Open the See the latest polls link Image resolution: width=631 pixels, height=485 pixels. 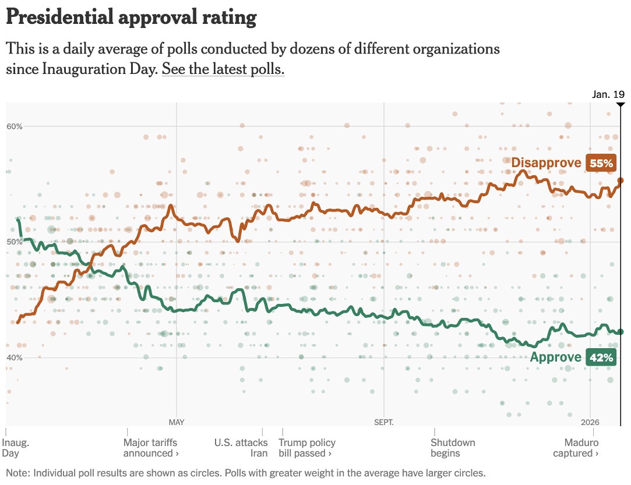click(x=223, y=69)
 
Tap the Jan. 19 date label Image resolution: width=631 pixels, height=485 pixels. click(x=608, y=94)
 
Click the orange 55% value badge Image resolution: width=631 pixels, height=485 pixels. click(x=601, y=163)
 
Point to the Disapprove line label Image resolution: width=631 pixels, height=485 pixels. click(x=546, y=163)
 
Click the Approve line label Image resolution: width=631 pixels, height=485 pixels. click(x=555, y=357)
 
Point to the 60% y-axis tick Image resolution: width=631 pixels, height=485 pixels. click(x=15, y=126)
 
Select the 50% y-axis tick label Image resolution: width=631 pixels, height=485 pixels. click(x=15, y=242)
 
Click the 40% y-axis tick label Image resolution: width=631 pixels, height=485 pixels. click(x=15, y=357)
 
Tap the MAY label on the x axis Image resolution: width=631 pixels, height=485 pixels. click(x=177, y=422)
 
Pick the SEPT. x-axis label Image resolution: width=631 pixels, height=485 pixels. click(x=384, y=422)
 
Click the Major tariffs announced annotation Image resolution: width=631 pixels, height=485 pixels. click(x=150, y=448)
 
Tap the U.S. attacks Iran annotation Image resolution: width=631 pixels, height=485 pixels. click(x=241, y=448)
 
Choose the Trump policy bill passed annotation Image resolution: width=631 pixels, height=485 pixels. click(x=307, y=448)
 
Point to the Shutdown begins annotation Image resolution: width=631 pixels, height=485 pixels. click(x=453, y=448)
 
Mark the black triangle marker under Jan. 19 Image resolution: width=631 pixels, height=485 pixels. click(x=621, y=104)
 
